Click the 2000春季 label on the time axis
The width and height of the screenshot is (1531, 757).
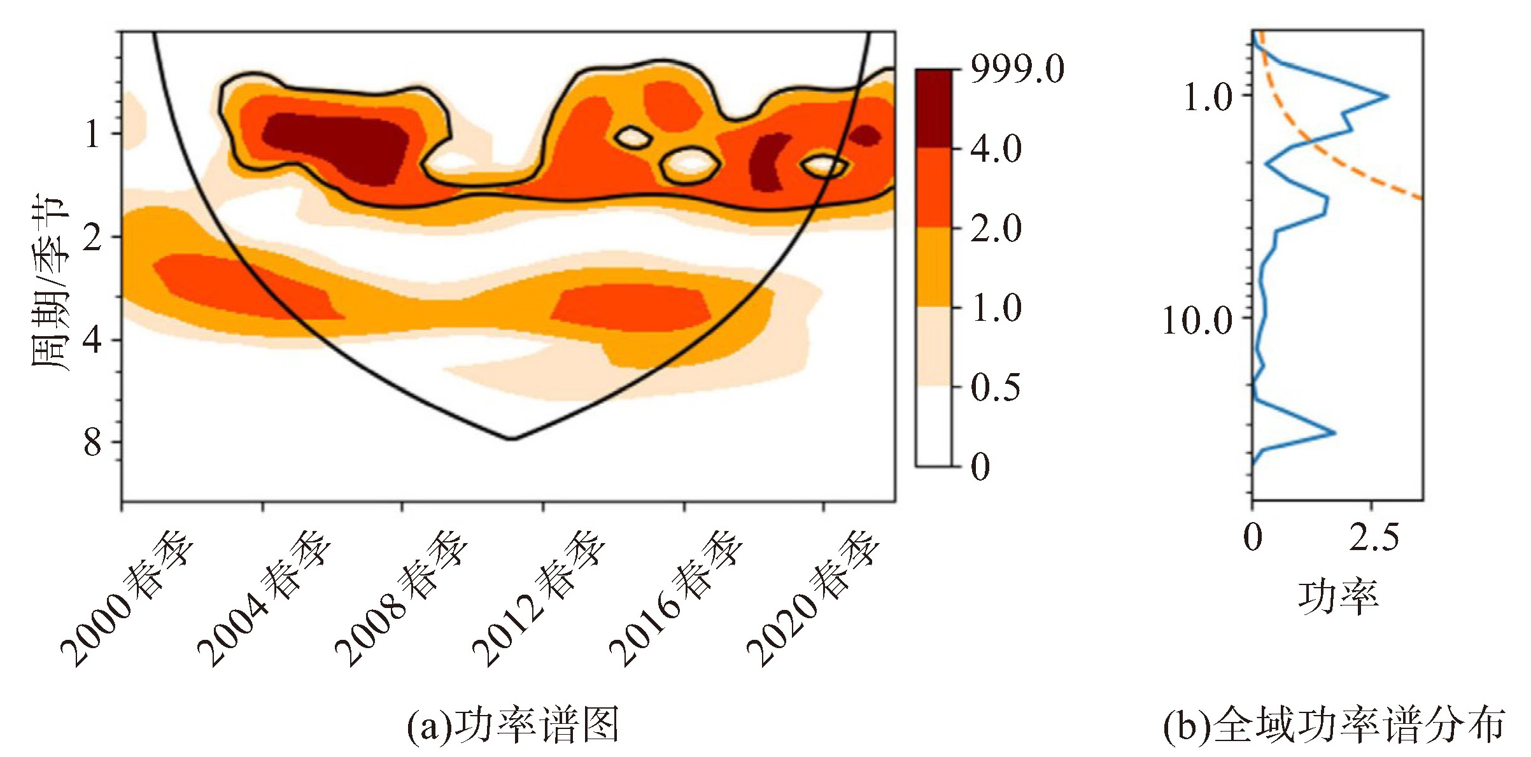click(127, 598)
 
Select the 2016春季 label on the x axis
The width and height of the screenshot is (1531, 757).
click(677, 598)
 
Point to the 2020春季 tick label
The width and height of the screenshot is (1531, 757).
click(814, 598)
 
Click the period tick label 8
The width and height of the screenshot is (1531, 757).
click(92, 442)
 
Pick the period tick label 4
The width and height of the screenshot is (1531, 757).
click(92, 339)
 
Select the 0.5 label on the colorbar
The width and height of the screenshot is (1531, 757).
click(995, 387)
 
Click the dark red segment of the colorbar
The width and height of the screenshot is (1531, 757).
click(934, 108)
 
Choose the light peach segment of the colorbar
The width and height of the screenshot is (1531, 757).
click(934, 347)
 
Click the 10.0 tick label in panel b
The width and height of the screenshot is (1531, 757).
click(1197, 320)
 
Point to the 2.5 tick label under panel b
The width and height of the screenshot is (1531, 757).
click(1374, 538)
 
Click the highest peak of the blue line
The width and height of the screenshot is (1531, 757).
click(1387, 97)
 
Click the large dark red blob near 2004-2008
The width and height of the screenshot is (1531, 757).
click(337, 146)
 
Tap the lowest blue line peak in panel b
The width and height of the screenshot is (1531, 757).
click(1334, 433)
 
